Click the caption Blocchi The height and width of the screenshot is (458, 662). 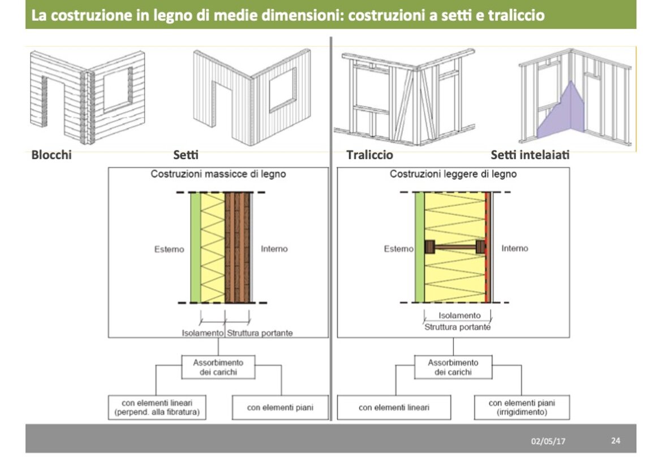(51, 154)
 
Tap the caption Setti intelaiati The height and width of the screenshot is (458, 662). (530, 154)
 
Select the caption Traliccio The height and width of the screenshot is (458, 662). (369, 154)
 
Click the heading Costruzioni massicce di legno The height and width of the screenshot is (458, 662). (218, 174)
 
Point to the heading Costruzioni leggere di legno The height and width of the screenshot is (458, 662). (453, 174)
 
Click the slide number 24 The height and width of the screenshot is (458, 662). (616, 440)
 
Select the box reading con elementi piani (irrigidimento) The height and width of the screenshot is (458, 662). (521, 407)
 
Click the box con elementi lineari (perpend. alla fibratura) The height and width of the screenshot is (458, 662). (157, 407)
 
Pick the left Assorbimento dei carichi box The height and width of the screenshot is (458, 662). (218, 367)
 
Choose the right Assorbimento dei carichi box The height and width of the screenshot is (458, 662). (453, 367)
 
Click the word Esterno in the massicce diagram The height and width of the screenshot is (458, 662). (169, 249)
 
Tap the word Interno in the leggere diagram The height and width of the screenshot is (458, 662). (514, 248)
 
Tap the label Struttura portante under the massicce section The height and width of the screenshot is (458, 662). (260, 333)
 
